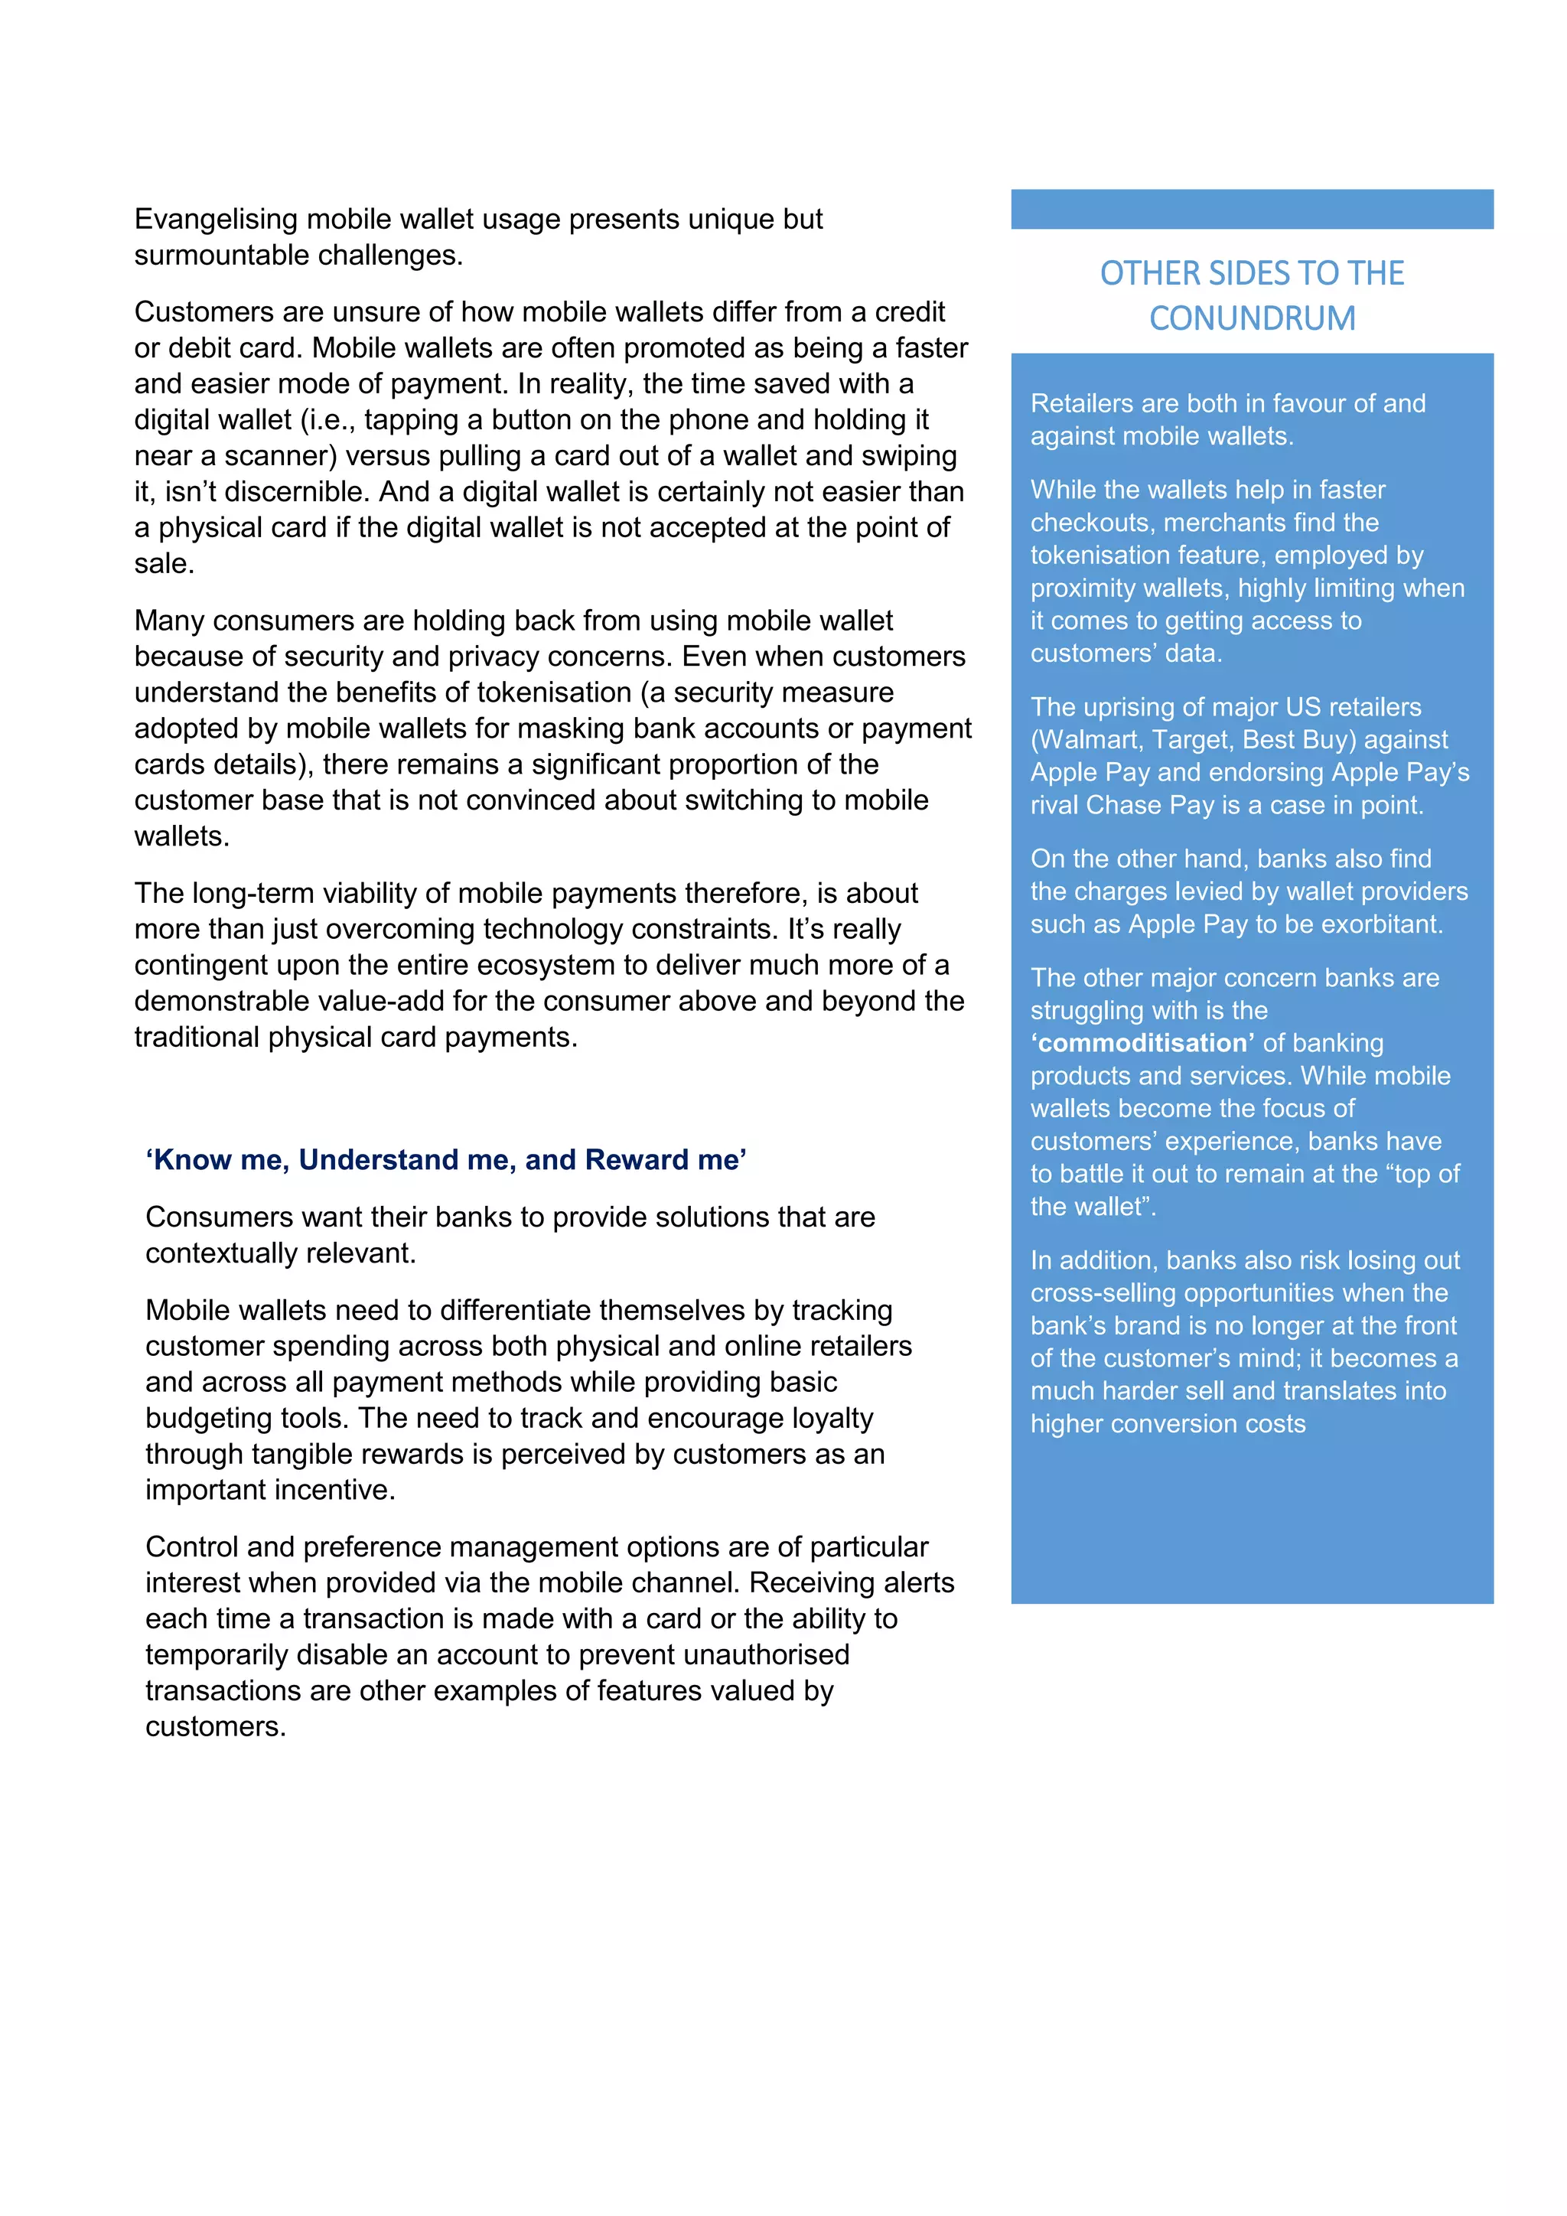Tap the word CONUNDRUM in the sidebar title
[x=1252, y=318]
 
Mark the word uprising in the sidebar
[x=1134, y=708]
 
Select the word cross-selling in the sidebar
[x=1104, y=1293]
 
